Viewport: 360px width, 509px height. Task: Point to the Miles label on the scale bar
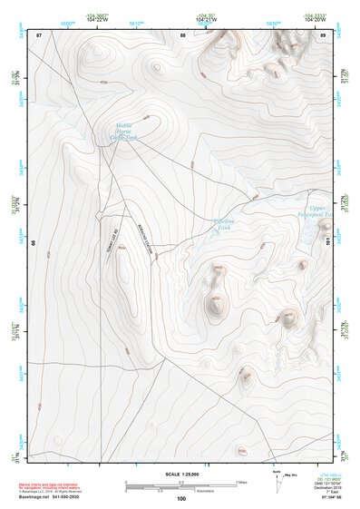(241, 481)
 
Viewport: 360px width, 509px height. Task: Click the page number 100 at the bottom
(181, 498)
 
